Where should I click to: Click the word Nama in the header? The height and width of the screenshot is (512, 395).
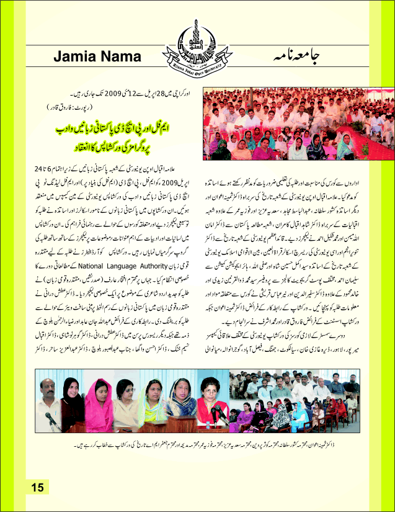click(x=123, y=57)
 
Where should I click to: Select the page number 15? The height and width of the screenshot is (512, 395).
click(x=37, y=487)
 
